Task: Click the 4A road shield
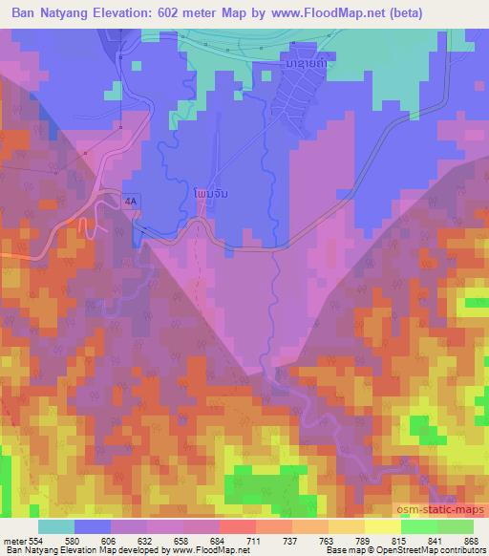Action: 130,201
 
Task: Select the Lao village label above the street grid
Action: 304,63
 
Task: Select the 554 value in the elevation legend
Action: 37,541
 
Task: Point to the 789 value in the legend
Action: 359,541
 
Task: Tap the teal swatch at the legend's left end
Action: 56,526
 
